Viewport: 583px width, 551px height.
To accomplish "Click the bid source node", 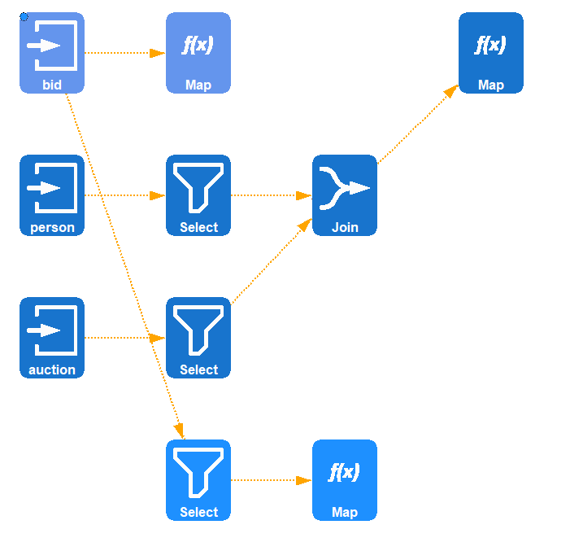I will (52, 52).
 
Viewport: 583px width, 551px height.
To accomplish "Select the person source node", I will (52, 195).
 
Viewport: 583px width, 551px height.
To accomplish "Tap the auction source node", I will (52, 337).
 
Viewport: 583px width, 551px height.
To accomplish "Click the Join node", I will (345, 195).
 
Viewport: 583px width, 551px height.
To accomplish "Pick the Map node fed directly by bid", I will (198, 52).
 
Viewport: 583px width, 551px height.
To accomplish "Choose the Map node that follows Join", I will (491, 52).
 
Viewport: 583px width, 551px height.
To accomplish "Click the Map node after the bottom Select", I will (345, 479).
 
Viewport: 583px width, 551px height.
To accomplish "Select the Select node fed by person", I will (198, 195).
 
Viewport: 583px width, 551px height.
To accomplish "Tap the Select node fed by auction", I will (198, 337).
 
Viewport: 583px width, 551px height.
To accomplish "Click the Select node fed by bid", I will (198, 479).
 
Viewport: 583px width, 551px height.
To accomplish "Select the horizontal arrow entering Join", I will (272, 195).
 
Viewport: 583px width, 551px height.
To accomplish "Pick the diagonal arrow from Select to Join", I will (272, 261).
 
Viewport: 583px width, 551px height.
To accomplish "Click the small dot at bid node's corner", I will (24, 16).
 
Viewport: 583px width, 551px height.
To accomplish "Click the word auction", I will (52, 370).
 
